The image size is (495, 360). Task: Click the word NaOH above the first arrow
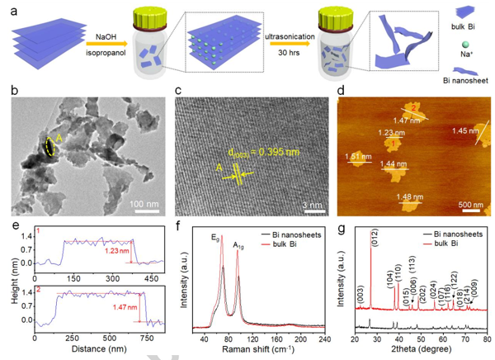(106, 36)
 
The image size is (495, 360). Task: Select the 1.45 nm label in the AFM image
(464, 130)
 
